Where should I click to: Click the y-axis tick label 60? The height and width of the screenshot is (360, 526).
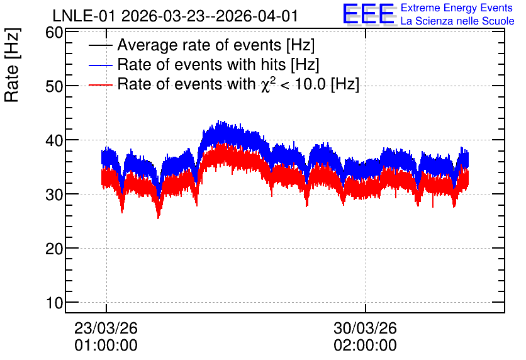(x=54, y=33)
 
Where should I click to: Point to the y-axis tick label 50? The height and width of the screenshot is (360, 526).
(x=54, y=86)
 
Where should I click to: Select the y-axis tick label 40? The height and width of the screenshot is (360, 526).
(x=54, y=140)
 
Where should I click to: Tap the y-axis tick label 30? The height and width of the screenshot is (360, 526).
(x=54, y=194)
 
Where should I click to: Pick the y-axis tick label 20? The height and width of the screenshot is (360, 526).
(x=54, y=249)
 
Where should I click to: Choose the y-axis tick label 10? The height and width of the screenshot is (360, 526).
(x=54, y=303)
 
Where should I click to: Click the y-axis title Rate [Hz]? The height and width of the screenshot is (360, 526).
(x=13, y=65)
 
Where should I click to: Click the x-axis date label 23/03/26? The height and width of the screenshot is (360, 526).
(x=106, y=328)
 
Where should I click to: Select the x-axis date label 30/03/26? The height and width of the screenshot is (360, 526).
(x=366, y=328)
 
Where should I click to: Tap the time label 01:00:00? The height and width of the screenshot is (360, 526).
(x=106, y=346)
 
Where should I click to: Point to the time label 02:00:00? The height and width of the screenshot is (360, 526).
(x=366, y=346)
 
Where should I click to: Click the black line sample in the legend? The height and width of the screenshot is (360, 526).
(x=100, y=45)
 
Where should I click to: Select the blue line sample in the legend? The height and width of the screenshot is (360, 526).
(x=100, y=65)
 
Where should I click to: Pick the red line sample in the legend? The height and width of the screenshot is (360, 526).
(x=100, y=84)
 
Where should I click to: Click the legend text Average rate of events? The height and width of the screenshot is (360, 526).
(x=199, y=45)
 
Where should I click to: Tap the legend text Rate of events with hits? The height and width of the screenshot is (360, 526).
(x=201, y=64)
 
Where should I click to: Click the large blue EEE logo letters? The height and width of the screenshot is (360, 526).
(x=369, y=14)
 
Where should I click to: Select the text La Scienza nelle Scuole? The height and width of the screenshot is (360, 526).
(x=457, y=21)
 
